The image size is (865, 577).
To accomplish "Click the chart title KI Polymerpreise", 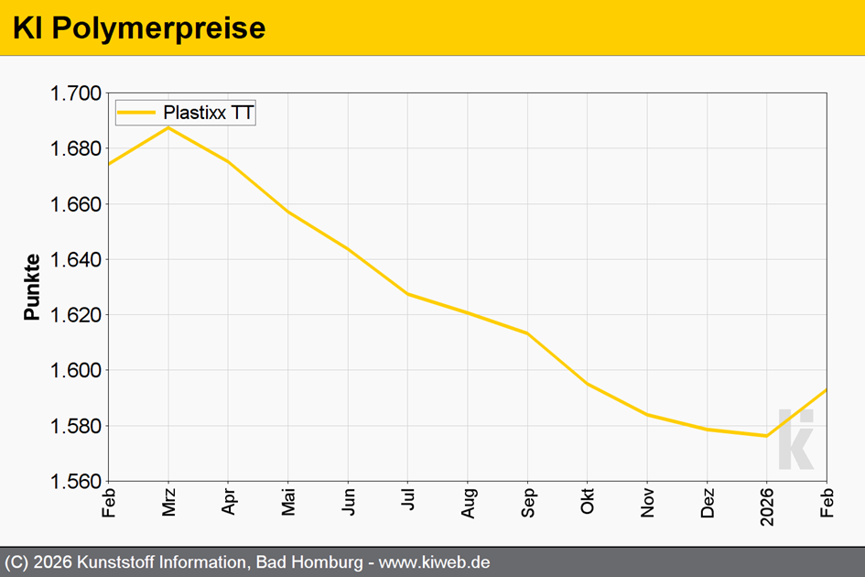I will tap(139, 28).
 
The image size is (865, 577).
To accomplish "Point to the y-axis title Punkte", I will tap(32, 287).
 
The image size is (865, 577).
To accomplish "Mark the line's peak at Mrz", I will tap(168, 127).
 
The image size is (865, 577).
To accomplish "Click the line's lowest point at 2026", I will tap(766, 436).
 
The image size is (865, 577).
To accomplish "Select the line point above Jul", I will tap(408, 294).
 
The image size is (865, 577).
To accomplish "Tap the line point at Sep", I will tap(528, 333).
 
